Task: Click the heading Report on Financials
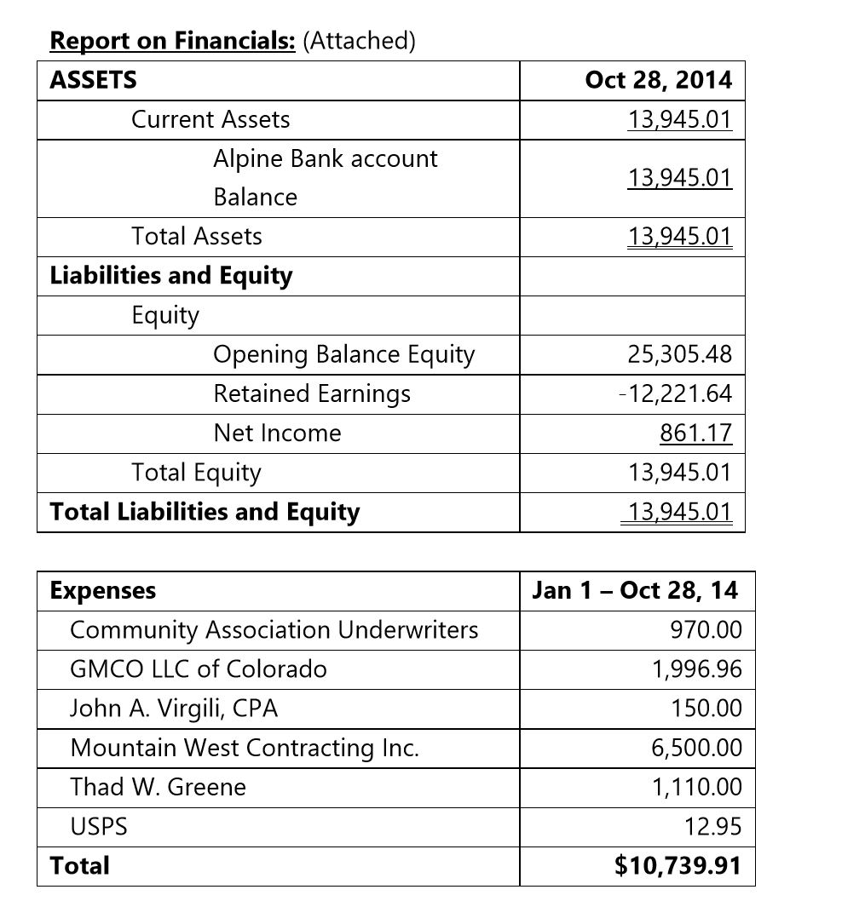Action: [172, 40]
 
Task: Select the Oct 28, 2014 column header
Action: [658, 80]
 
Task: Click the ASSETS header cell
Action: [93, 80]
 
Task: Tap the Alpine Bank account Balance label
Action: [325, 177]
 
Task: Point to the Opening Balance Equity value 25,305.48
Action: [679, 353]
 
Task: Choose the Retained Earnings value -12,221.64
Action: [677, 393]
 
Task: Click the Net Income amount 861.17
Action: [695, 433]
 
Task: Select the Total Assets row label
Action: [197, 236]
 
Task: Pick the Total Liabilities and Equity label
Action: [205, 512]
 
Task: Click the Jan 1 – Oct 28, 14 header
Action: [635, 590]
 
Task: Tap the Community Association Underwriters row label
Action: [274, 629]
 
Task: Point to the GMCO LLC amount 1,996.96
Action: [696, 669]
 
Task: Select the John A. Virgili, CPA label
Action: [174, 709]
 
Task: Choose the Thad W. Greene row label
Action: [158, 787]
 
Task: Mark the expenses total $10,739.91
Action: [678, 866]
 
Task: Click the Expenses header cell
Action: [103, 590]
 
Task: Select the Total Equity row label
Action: [196, 472]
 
